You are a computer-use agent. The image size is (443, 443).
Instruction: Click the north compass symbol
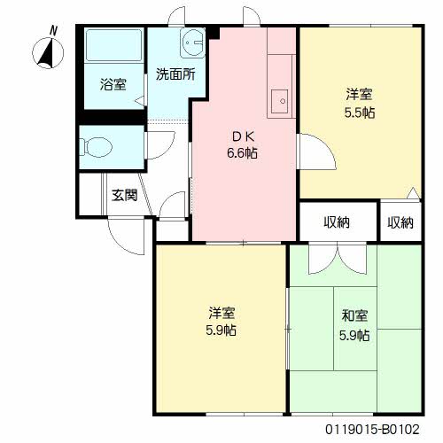pyautogui.click(x=48, y=51)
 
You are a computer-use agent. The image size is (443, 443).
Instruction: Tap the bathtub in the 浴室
pyautogui.click(x=113, y=45)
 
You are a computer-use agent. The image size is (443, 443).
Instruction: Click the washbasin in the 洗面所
pyautogui.click(x=192, y=43)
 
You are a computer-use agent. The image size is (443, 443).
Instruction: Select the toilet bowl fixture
pyautogui.click(x=95, y=147)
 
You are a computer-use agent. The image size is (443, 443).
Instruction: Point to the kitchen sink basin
pyautogui.click(x=279, y=101)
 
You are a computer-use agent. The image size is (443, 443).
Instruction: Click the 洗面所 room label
pyautogui.click(x=175, y=74)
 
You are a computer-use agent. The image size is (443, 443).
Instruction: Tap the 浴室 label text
pyautogui.click(x=113, y=84)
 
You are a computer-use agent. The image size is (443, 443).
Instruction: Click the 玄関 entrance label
pyautogui.click(x=125, y=195)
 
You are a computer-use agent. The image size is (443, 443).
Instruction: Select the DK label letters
pyautogui.click(x=243, y=136)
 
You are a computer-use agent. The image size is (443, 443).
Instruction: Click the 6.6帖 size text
pyautogui.click(x=242, y=153)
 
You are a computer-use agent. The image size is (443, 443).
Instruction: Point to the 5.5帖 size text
pyautogui.click(x=360, y=113)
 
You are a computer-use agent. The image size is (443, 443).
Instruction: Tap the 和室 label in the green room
pyautogui.click(x=354, y=315)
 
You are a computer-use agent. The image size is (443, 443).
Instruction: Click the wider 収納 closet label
pyautogui.click(x=337, y=222)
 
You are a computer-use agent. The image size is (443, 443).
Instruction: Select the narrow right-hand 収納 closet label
pyautogui.click(x=400, y=222)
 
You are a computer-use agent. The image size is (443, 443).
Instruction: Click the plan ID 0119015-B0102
pyautogui.click(x=372, y=429)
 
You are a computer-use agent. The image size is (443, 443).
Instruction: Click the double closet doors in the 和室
pyautogui.click(x=337, y=258)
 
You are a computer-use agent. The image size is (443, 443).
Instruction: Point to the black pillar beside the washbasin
pyautogui.click(x=213, y=33)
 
